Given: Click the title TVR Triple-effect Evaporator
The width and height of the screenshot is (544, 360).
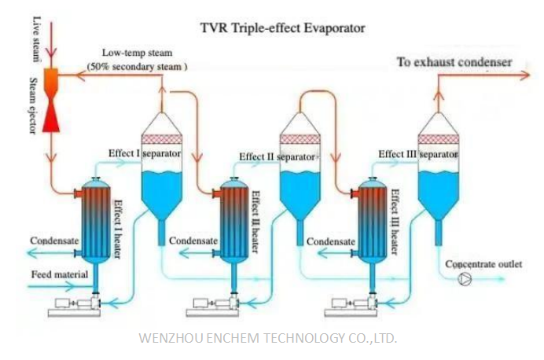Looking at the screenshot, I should tap(282, 29).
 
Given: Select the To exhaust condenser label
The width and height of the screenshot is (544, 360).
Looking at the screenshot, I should tap(454, 61).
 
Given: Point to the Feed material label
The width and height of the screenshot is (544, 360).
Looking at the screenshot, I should tap(57, 274).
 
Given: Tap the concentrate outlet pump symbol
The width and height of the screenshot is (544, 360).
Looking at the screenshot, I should tap(465, 279).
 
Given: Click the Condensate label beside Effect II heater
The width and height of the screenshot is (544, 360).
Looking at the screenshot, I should tap(191, 241).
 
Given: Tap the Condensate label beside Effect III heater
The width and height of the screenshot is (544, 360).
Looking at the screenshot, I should tap(329, 241).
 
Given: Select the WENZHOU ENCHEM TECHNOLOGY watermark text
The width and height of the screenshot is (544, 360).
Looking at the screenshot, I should tap(267, 338).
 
